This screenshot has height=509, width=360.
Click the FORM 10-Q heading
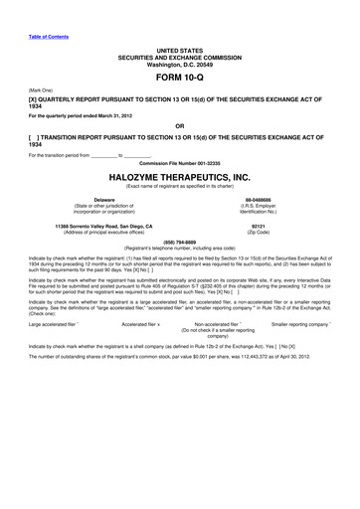click(179, 78)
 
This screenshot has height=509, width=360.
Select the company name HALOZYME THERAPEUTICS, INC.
click(179, 176)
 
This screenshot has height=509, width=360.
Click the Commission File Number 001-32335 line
click(179, 162)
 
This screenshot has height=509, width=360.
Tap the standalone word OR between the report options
click(179, 126)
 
